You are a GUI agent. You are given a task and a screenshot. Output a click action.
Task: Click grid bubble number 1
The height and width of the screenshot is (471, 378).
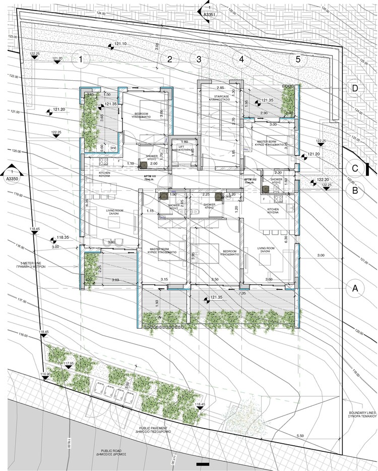[x=81, y=61]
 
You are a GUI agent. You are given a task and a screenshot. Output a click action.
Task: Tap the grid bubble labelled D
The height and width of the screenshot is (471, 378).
[x=355, y=89]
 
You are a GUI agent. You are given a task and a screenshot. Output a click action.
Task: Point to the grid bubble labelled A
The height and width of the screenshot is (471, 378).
[x=355, y=288]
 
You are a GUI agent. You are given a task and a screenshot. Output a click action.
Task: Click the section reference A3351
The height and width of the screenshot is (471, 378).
[x=209, y=16]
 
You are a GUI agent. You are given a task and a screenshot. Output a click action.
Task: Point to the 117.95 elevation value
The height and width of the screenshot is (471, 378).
[x=69, y=363]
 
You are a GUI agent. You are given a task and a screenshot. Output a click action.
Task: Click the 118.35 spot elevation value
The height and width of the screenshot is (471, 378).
[x=62, y=237]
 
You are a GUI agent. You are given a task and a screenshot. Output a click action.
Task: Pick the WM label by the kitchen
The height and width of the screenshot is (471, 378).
[x=112, y=147]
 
